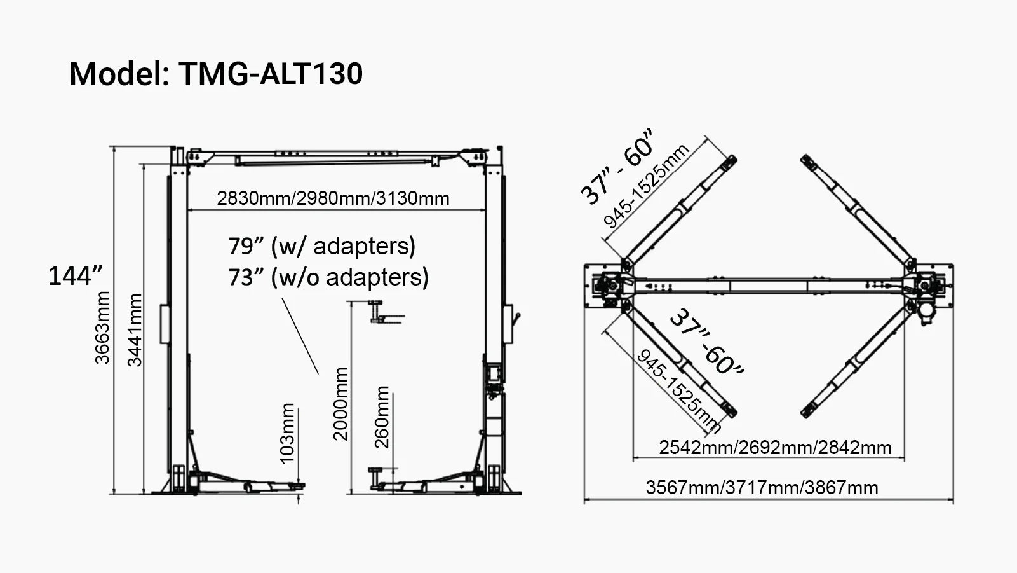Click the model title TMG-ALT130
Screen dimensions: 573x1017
pyautogui.click(x=216, y=73)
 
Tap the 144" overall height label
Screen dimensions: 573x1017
pyautogui.click(x=75, y=276)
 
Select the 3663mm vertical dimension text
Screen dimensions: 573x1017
pyautogui.click(x=102, y=328)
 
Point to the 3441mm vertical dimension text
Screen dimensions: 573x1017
pyautogui.click(x=135, y=330)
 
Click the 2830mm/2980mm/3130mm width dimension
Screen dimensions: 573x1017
pyautogui.click(x=333, y=198)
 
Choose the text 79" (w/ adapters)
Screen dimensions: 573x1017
pyautogui.click(x=321, y=246)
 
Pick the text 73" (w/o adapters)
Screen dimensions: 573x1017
pyautogui.click(x=328, y=277)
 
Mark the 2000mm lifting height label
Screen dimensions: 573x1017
pyautogui.click(x=341, y=404)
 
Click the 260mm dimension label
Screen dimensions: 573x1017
pyautogui.click(x=382, y=417)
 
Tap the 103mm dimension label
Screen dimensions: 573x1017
pyautogui.click(x=287, y=434)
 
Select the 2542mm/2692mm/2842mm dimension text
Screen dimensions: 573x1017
pyautogui.click(x=775, y=448)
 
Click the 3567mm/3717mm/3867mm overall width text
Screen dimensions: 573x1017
pyautogui.click(x=762, y=488)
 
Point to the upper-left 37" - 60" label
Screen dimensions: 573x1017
pyautogui.click(x=617, y=168)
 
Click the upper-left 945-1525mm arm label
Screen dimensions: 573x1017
pyautogui.click(x=646, y=186)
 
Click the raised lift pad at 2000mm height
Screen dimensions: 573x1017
pyautogui.click(x=385, y=317)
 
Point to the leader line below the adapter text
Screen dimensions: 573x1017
pyautogui.click(x=300, y=335)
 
